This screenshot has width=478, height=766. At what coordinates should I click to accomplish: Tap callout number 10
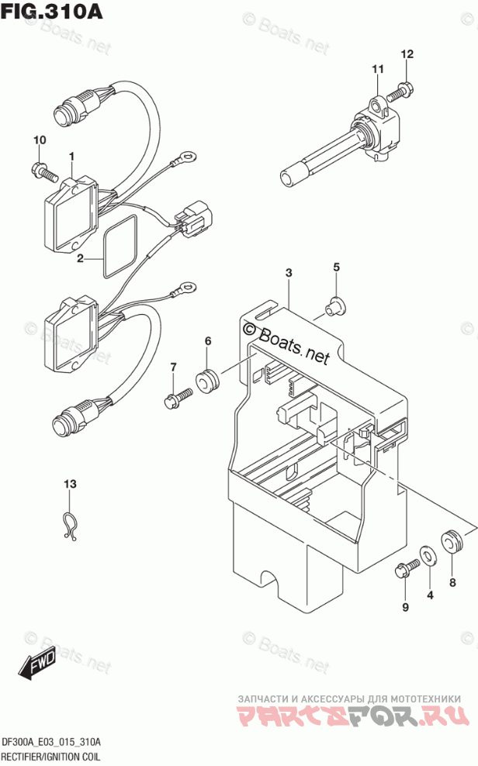pyautogui.click(x=40, y=140)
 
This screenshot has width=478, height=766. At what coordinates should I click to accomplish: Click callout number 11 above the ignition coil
pyautogui.click(x=377, y=71)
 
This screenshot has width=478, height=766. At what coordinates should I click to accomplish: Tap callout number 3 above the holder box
pyautogui.click(x=289, y=273)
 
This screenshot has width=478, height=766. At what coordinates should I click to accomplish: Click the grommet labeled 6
pyautogui.click(x=207, y=381)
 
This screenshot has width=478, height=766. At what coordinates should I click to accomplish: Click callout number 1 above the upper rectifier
pyautogui.click(x=71, y=157)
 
